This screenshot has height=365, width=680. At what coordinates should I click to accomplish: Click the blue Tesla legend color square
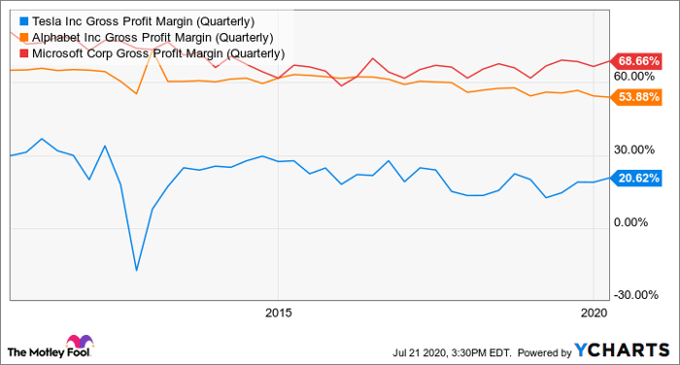[24, 21]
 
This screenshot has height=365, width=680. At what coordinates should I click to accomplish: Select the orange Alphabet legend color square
[24, 38]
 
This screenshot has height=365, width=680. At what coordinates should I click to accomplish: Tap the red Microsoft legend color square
[24, 53]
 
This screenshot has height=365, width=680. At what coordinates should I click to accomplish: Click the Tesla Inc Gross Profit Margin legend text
[143, 21]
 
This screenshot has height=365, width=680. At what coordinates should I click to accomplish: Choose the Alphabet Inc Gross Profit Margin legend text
[153, 38]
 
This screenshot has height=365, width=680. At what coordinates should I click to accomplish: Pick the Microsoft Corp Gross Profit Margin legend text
[158, 53]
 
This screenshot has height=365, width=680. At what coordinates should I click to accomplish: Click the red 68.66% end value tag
[636, 61]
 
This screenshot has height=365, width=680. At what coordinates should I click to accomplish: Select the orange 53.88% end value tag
[636, 97]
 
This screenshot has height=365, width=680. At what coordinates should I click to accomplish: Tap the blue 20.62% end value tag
[636, 179]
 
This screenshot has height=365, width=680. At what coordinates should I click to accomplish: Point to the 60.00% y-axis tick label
[634, 77]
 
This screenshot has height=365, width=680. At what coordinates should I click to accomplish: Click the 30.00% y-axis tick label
[634, 150]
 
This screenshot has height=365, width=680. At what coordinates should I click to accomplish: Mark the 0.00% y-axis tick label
[631, 222]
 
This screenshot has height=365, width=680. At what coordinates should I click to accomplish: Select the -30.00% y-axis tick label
[636, 295]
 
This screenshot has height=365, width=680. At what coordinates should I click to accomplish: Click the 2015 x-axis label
[279, 313]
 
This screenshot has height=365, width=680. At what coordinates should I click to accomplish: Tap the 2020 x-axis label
[595, 313]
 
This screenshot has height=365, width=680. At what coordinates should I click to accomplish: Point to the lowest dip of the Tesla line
[137, 271]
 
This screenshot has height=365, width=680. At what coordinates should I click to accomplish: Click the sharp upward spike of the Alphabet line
[153, 52]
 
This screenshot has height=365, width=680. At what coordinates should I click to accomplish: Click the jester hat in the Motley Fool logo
[80, 342]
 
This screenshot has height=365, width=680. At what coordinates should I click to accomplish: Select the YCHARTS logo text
[623, 350]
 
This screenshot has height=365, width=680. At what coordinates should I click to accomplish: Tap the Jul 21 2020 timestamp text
[452, 352]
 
